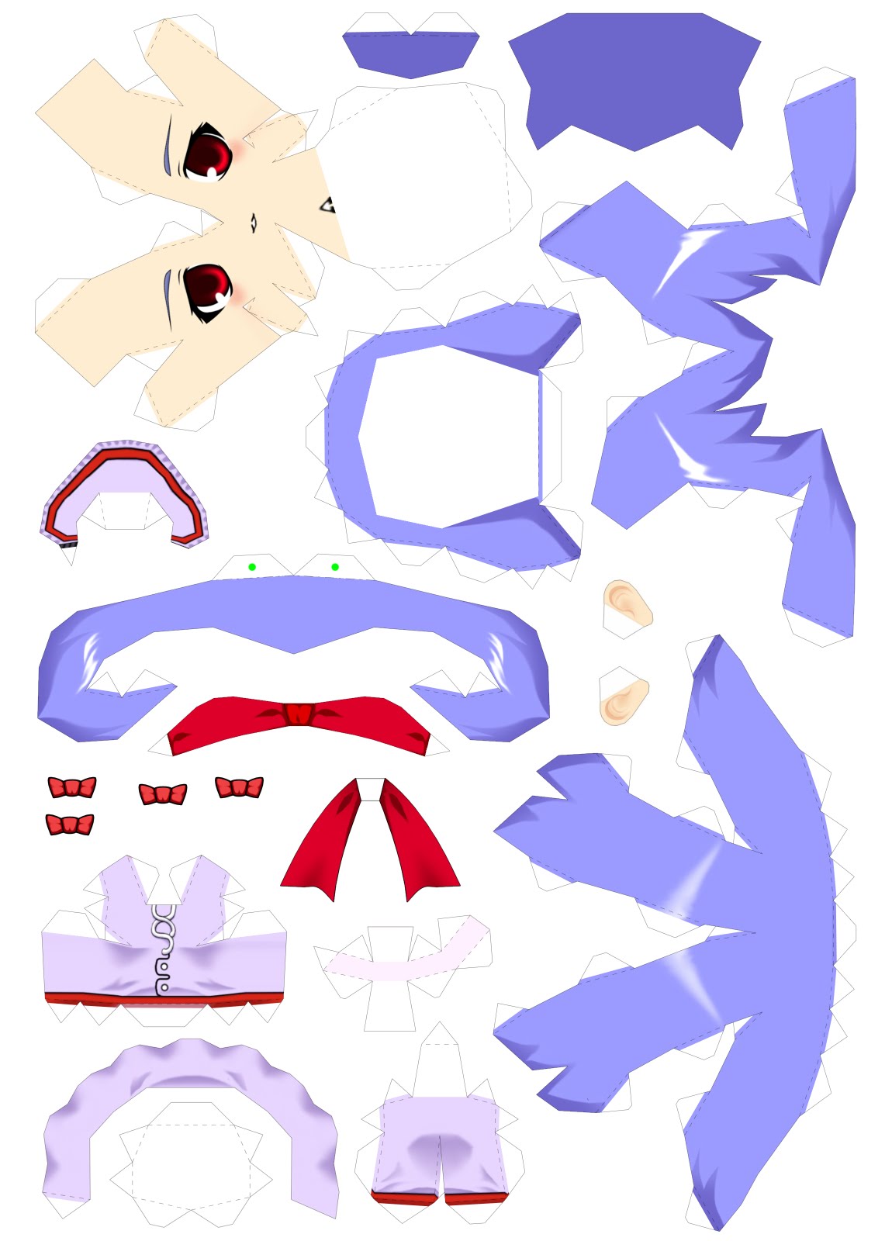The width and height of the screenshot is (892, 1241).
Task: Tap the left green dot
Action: [252, 567]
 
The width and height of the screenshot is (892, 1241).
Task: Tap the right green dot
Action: [335, 567]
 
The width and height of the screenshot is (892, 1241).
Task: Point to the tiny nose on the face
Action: [254, 223]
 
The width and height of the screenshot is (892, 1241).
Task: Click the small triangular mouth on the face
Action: [328, 206]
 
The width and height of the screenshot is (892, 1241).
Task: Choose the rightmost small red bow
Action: [239, 787]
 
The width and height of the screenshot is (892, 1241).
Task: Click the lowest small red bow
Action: [70, 824]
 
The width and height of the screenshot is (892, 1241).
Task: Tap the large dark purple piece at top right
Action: [634, 78]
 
